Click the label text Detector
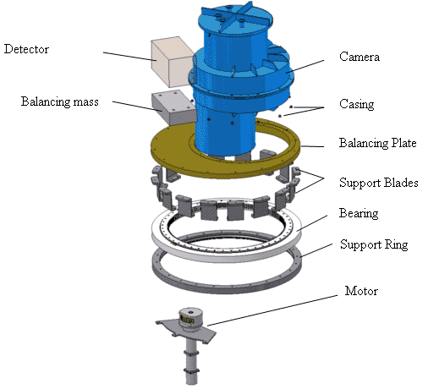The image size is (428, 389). coord(26,49)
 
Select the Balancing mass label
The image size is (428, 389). coord(60,101)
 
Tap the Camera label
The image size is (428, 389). coord(359,57)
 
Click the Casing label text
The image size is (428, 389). coord(357,104)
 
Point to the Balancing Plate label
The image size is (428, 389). coord(377,143)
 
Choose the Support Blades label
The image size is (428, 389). coord(378,183)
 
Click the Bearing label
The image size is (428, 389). coord(359,213)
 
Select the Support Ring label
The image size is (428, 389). coord(374,244)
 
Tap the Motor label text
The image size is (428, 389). coord(361,291)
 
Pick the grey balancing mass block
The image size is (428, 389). coord(174,107)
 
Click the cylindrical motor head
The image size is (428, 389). coord(191,317)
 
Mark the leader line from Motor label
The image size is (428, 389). coord(272,310)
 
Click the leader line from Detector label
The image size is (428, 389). coord(129,56)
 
